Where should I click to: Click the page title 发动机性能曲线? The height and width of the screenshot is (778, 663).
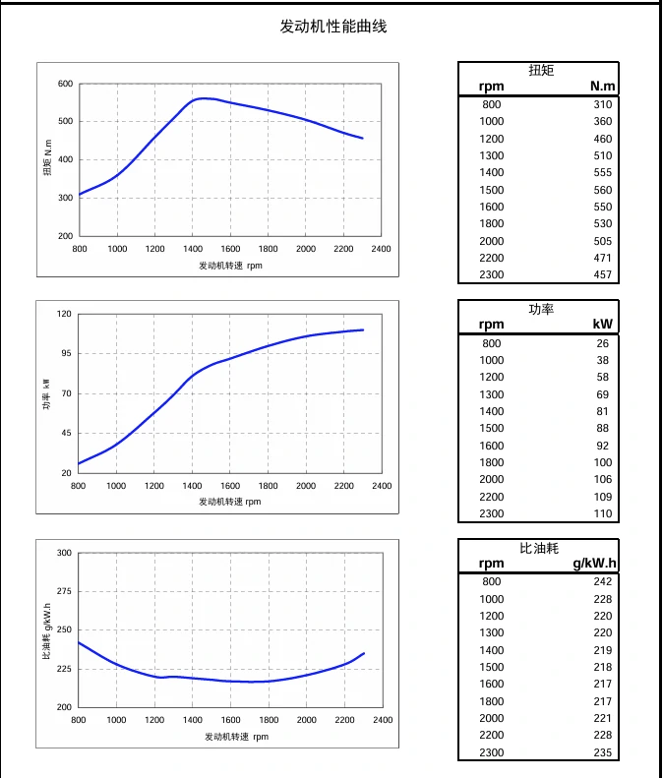pos(333,27)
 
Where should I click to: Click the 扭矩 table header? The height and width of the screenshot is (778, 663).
pos(541,70)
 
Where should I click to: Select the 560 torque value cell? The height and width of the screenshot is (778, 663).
pos(602,190)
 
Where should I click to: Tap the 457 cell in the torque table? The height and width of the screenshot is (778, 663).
pos(602,274)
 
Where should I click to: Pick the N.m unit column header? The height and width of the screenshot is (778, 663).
pos(602,87)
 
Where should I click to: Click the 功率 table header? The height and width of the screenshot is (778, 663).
pos(541,309)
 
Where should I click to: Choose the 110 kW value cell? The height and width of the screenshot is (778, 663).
pos(602,513)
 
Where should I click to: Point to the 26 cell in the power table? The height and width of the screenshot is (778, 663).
pos(603,343)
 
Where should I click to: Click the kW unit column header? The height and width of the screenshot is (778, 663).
pos(602,325)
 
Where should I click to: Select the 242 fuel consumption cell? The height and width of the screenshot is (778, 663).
pos(602,581)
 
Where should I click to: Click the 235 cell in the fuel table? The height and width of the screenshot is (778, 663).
pos(602,752)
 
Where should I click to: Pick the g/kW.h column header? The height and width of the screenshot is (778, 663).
pos(593,564)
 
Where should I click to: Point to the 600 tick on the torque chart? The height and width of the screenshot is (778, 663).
pos(65,84)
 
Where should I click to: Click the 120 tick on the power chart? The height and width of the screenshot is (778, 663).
pos(65,314)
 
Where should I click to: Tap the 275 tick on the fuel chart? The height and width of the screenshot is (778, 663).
pos(65,591)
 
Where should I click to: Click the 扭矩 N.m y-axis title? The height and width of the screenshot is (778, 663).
pos(47,159)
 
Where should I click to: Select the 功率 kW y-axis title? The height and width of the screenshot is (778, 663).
pos(45,393)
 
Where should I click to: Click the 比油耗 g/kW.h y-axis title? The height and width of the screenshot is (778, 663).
pos(46,630)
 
